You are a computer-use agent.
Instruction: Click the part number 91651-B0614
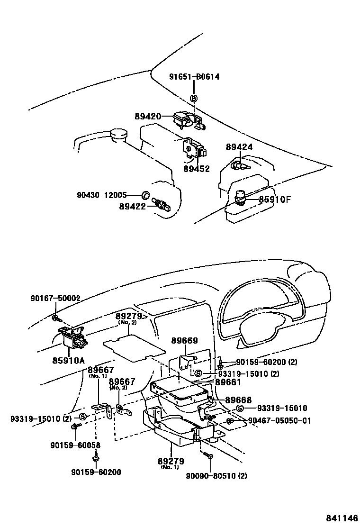coord(194,77)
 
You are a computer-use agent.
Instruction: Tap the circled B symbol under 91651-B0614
coord(194,98)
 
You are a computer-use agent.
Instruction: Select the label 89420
coord(148,117)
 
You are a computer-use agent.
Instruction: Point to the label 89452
coord(197,168)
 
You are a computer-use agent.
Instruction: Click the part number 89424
coord(239,147)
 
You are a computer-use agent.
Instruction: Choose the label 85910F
coord(275,200)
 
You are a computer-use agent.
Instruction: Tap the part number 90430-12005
coord(101,195)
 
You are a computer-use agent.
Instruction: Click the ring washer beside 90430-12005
coord(146,195)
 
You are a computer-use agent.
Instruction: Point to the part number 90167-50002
coord(55,298)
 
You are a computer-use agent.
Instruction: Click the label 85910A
coord(68,361)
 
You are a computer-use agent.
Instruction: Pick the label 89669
coord(184,341)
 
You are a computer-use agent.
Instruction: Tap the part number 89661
coord(228,382)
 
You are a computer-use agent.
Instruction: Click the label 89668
coord(238,400)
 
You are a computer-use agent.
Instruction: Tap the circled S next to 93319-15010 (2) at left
coord(82,417)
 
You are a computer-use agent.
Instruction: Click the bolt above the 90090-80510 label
coord(210,456)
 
